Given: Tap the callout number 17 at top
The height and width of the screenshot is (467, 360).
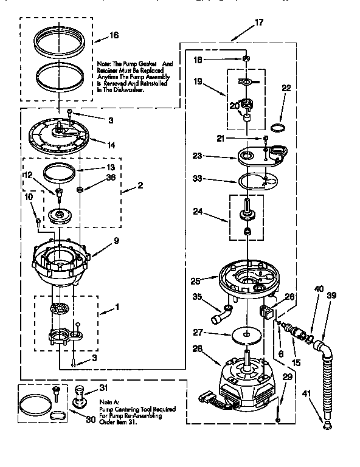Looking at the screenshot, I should click(259, 22).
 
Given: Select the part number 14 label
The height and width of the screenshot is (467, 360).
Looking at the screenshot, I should click(111, 145).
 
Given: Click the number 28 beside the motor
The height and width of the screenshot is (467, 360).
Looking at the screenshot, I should click(196, 348).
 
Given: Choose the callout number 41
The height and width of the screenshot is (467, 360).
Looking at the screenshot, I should click(305, 393).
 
